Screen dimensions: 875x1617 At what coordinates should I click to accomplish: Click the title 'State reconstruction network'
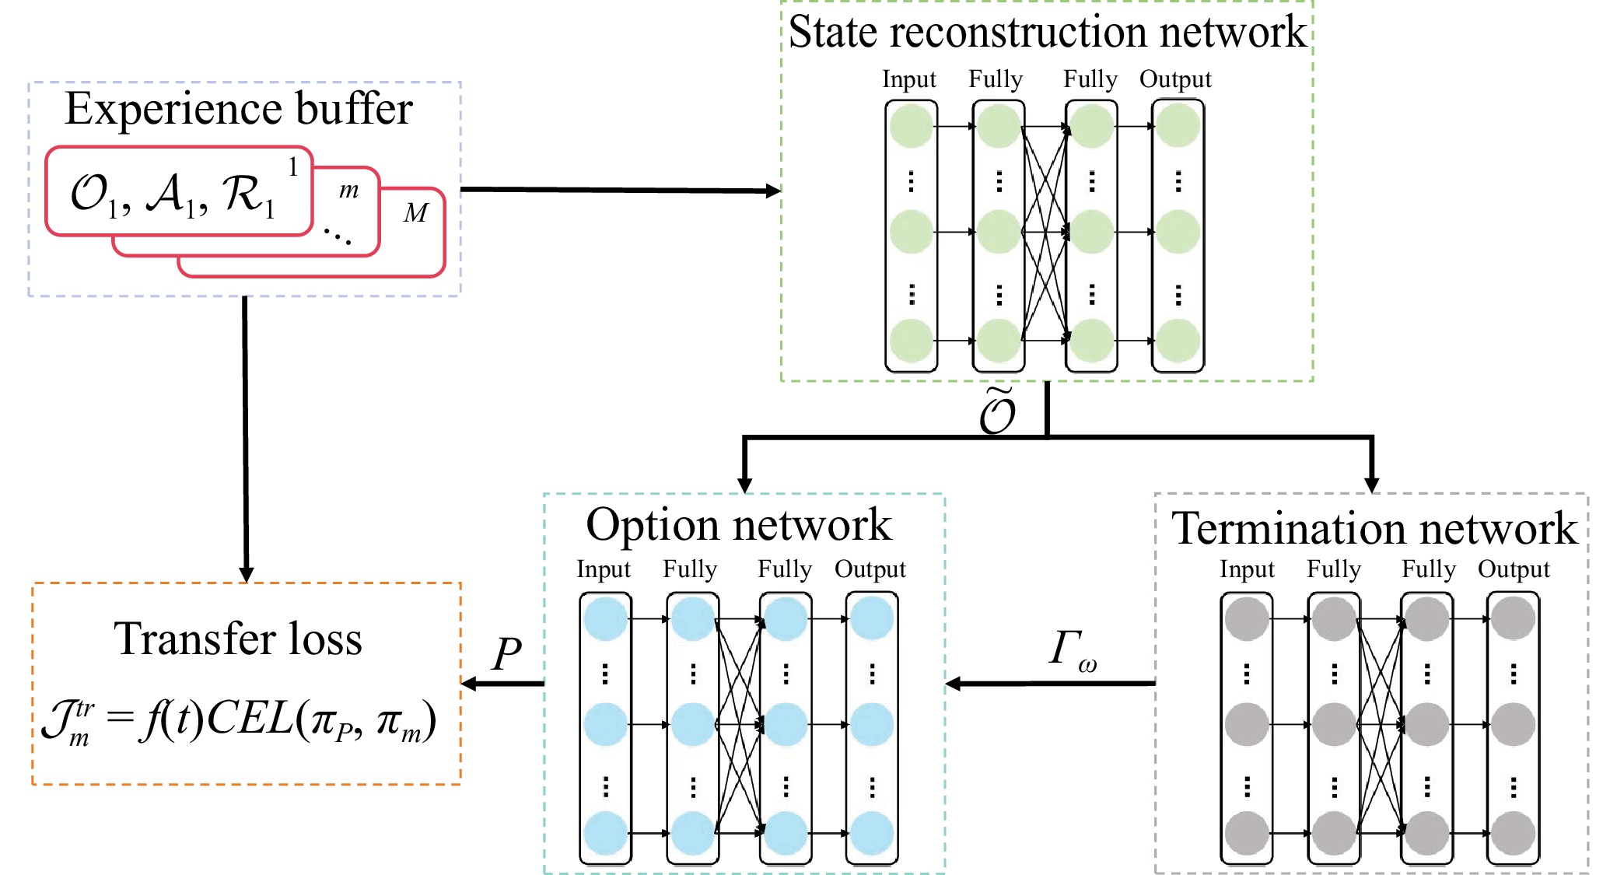[1047, 33]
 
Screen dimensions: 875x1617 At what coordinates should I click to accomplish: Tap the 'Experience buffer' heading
[238, 109]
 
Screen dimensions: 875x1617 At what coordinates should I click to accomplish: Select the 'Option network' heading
[738, 525]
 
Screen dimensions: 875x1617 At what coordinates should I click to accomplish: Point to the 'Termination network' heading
[1374, 530]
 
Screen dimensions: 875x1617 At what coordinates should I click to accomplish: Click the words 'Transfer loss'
[238, 639]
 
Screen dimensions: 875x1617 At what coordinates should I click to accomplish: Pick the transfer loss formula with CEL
[238, 720]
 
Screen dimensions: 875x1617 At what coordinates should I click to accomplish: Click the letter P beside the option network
[506, 653]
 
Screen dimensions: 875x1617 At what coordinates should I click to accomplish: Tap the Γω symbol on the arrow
[1072, 650]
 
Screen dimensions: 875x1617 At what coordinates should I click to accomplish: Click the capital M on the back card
[415, 213]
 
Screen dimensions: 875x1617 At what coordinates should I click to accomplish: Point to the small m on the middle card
[348, 190]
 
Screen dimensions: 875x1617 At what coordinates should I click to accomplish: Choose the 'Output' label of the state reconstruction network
[1175, 79]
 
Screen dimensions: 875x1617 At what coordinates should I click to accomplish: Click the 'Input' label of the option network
[603, 569]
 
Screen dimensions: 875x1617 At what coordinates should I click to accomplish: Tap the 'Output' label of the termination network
[1514, 569]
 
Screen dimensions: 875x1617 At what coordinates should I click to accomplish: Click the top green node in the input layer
[911, 126]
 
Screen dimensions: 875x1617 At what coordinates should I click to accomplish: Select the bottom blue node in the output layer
[871, 833]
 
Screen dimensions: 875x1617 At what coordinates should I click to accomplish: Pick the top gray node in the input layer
[1247, 619]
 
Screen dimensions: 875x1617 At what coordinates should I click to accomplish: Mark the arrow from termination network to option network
[1050, 684]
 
